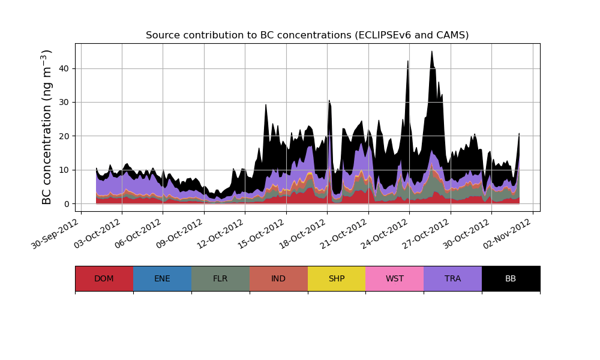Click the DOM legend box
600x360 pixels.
(104, 278)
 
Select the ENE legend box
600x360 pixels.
(162, 278)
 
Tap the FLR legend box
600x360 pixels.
(220, 278)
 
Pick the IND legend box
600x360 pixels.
(278, 278)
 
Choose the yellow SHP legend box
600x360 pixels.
(337, 278)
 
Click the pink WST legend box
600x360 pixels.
(395, 278)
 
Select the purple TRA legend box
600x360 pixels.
(453, 278)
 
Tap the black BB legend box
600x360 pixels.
(511, 278)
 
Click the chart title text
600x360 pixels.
(307, 35)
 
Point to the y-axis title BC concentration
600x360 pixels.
(47, 127)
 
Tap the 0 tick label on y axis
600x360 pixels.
(67, 204)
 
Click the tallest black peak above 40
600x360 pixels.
(431, 53)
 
